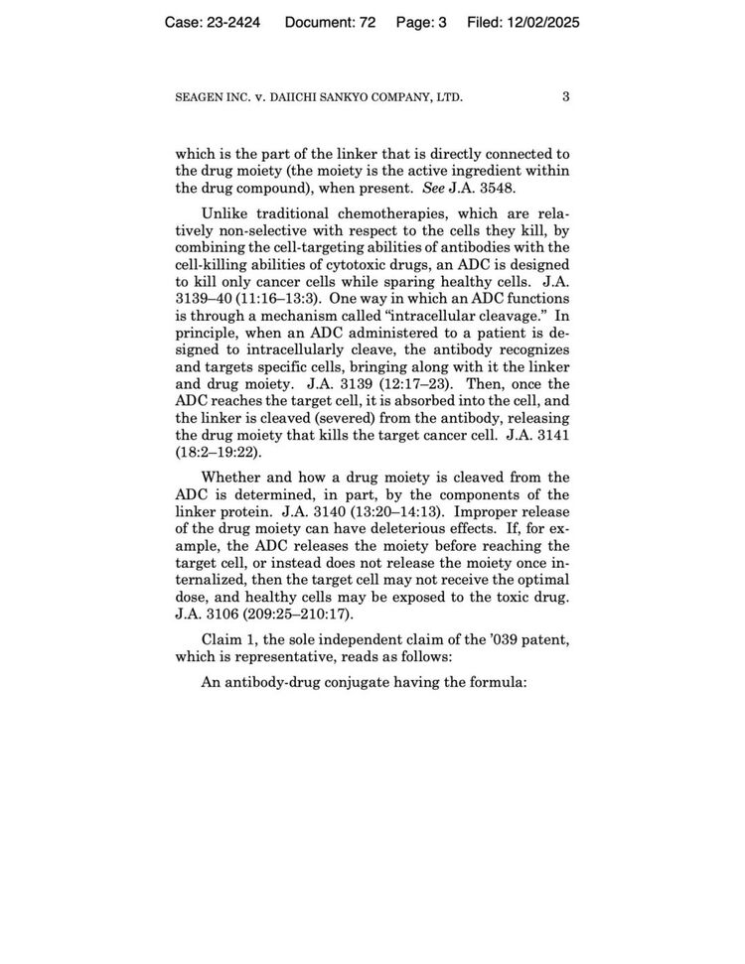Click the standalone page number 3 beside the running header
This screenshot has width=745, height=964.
pos(565,96)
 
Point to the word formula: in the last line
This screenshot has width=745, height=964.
pos(491,684)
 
